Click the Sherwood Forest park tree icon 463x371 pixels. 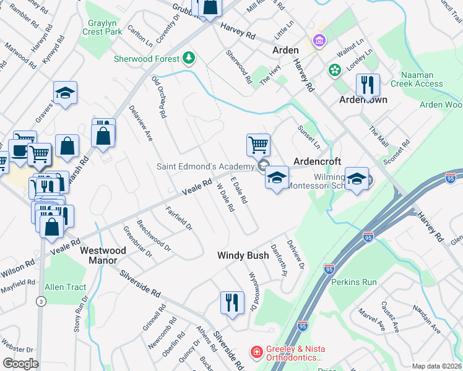pyautogui.click(x=189, y=59)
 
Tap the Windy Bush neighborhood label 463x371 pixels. pyautogui.click(x=243, y=255)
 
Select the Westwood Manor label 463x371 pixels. pyautogui.click(x=103, y=255)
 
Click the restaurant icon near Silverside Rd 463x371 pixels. pyautogui.click(x=231, y=303)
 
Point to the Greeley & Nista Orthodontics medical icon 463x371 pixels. pyautogui.click(x=256, y=352)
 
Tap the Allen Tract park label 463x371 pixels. pyautogui.click(x=65, y=287)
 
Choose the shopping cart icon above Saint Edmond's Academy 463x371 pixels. pyautogui.click(x=258, y=145)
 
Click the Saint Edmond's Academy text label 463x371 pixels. pyautogui.click(x=206, y=166)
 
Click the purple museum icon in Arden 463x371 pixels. pyautogui.click(x=319, y=41)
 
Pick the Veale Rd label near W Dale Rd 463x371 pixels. pyautogui.click(x=197, y=185)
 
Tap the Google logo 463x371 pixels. pyautogui.click(x=20, y=363)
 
